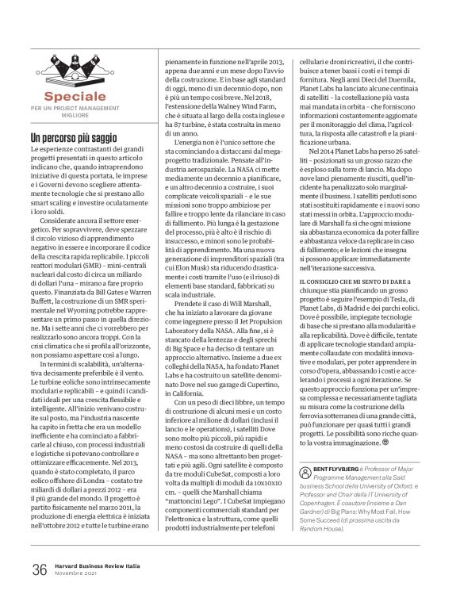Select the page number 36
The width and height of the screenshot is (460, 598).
tap(38, 569)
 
